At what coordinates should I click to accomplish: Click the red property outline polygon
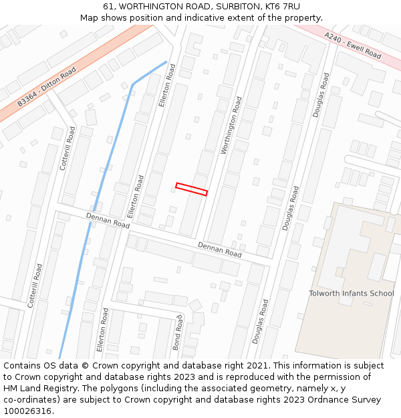tap(191, 189)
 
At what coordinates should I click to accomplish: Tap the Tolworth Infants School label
tap(351, 293)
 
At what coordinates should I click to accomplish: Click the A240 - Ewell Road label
tap(352, 45)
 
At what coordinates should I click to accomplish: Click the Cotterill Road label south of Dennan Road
tap(35, 285)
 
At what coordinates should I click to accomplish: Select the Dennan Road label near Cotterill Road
tap(108, 221)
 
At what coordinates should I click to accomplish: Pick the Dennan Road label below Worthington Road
tap(219, 249)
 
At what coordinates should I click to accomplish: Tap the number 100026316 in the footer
tap(27, 411)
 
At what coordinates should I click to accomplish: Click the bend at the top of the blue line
tap(134, 85)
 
